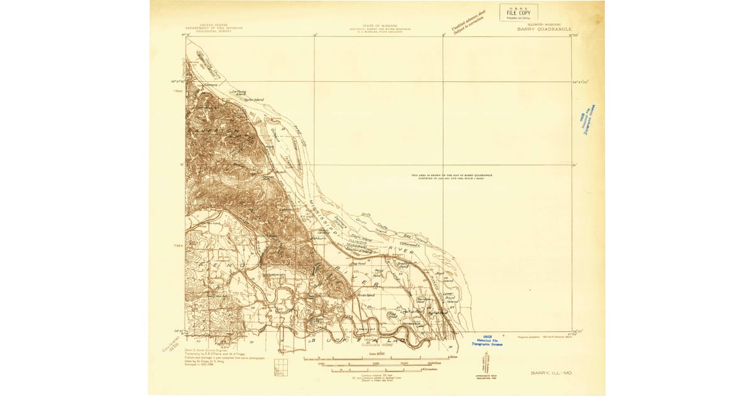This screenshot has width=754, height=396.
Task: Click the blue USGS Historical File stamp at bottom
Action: coord(490,341)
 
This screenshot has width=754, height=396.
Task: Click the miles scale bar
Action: coord(377,358)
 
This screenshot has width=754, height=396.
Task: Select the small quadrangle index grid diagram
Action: coord(280,367)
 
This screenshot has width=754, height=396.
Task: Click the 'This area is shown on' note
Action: coord(451,176)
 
